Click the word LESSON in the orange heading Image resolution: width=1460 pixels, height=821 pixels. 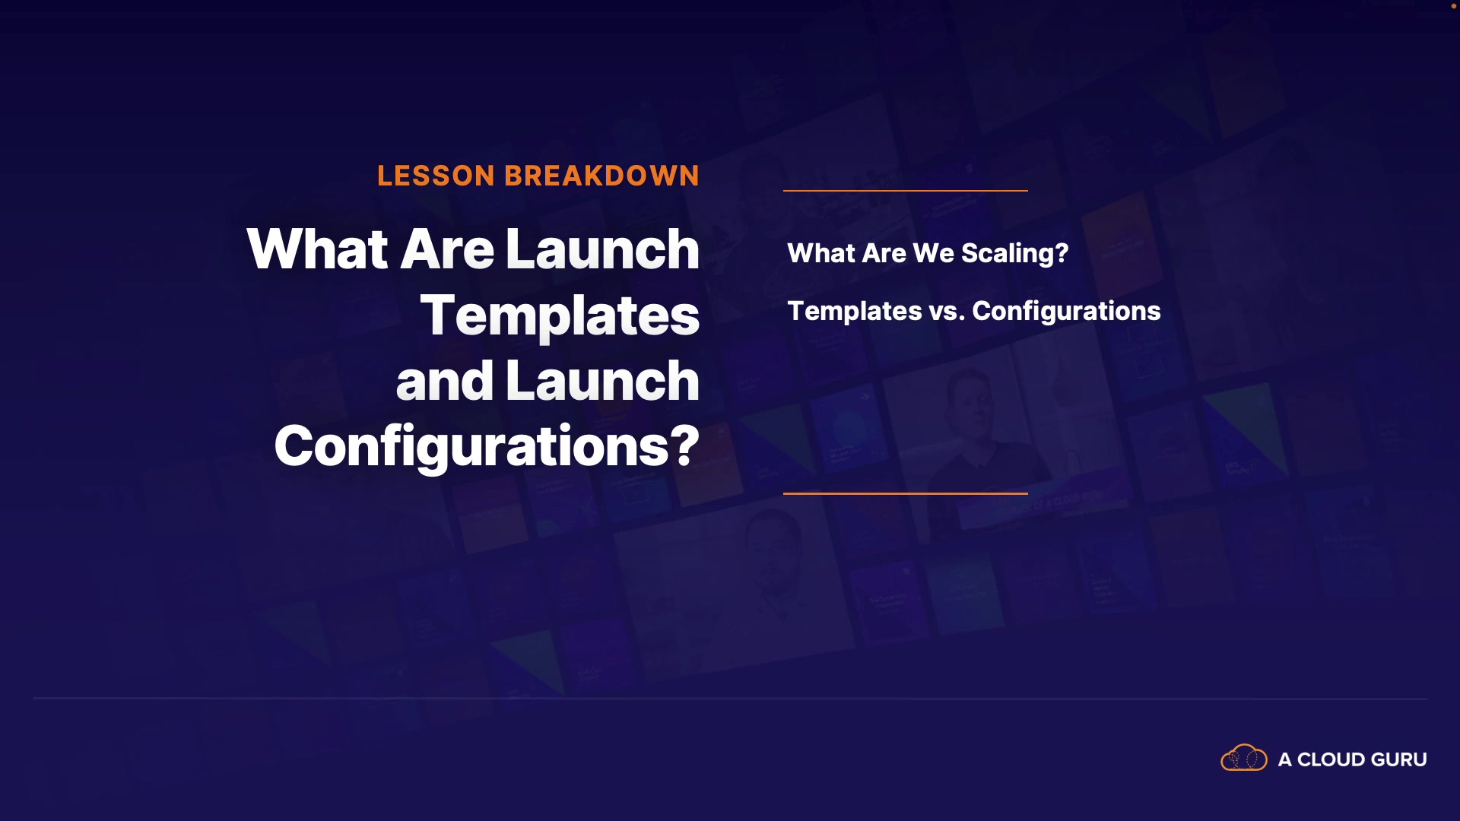click(x=436, y=176)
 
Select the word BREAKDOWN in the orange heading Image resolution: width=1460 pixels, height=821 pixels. click(x=601, y=176)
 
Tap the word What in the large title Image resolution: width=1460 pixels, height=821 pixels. click(x=318, y=249)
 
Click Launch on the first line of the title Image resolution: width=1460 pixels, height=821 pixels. click(x=602, y=249)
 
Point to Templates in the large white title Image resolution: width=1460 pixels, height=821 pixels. click(x=560, y=316)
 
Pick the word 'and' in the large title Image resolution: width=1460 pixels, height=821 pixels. click(x=445, y=381)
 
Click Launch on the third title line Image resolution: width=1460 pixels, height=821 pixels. click(x=602, y=381)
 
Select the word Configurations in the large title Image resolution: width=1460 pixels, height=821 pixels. click(x=471, y=448)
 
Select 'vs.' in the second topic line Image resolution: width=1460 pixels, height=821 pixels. click(x=947, y=312)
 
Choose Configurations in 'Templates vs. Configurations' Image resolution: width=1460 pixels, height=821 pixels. click(x=1066, y=312)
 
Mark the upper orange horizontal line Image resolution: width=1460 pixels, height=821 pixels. click(x=906, y=190)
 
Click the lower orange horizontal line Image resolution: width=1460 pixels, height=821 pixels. click(x=906, y=493)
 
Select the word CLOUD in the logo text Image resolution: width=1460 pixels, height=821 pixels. click(x=1331, y=759)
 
